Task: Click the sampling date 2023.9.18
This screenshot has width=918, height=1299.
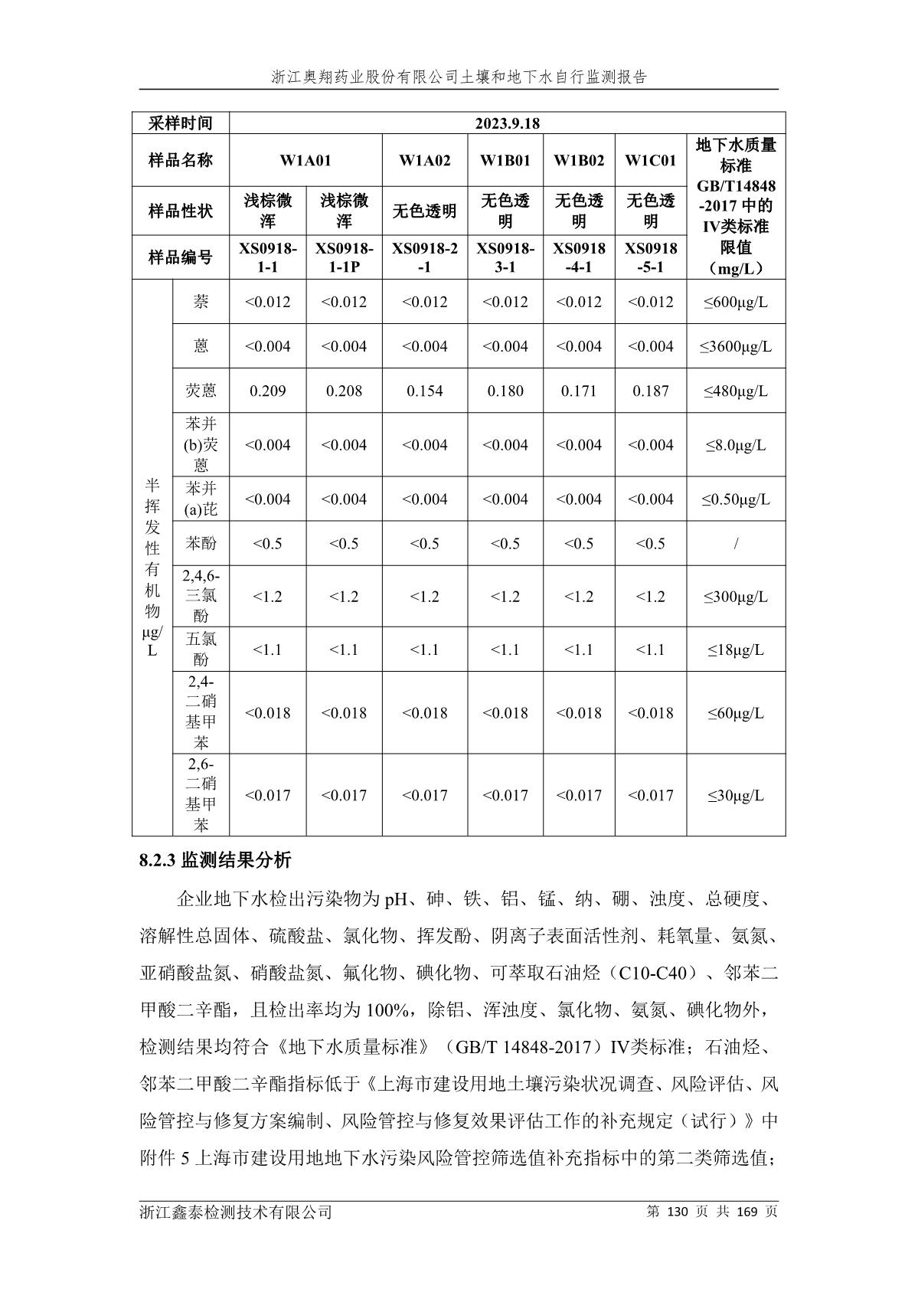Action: [x=507, y=123]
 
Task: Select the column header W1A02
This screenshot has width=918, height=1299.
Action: [x=424, y=160]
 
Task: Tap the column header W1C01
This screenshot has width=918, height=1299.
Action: [x=650, y=160]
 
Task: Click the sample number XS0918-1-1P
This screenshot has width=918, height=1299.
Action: [x=344, y=257]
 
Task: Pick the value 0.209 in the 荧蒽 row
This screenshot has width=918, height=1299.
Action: [x=267, y=391]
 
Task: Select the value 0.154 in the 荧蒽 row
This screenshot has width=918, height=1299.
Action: [x=424, y=391]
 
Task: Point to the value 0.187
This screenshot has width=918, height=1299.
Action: [x=650, y=391]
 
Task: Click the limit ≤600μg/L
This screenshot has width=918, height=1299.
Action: [x=735, y=302]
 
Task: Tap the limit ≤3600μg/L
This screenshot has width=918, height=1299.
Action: [x=735, y=346]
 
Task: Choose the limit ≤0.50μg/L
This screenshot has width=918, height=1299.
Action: [x=735, y=499]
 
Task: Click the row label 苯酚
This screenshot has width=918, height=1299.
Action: [x=201, y=544]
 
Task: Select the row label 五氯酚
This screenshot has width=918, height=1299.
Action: [x=201, y=649]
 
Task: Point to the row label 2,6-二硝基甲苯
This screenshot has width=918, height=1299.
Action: [x=201, y=794]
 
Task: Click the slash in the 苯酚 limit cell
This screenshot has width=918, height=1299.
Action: [x=736, y=544]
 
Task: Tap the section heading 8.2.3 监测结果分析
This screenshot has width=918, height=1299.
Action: [x=215, y=861]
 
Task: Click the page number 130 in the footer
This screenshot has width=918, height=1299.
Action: [x=679, y=1212]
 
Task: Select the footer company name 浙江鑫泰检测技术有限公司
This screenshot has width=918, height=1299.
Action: [x=236, y=1212]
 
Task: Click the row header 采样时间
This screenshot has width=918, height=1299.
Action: [x=180, y=123]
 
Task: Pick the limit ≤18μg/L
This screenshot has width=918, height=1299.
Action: [x=735, y=649]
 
